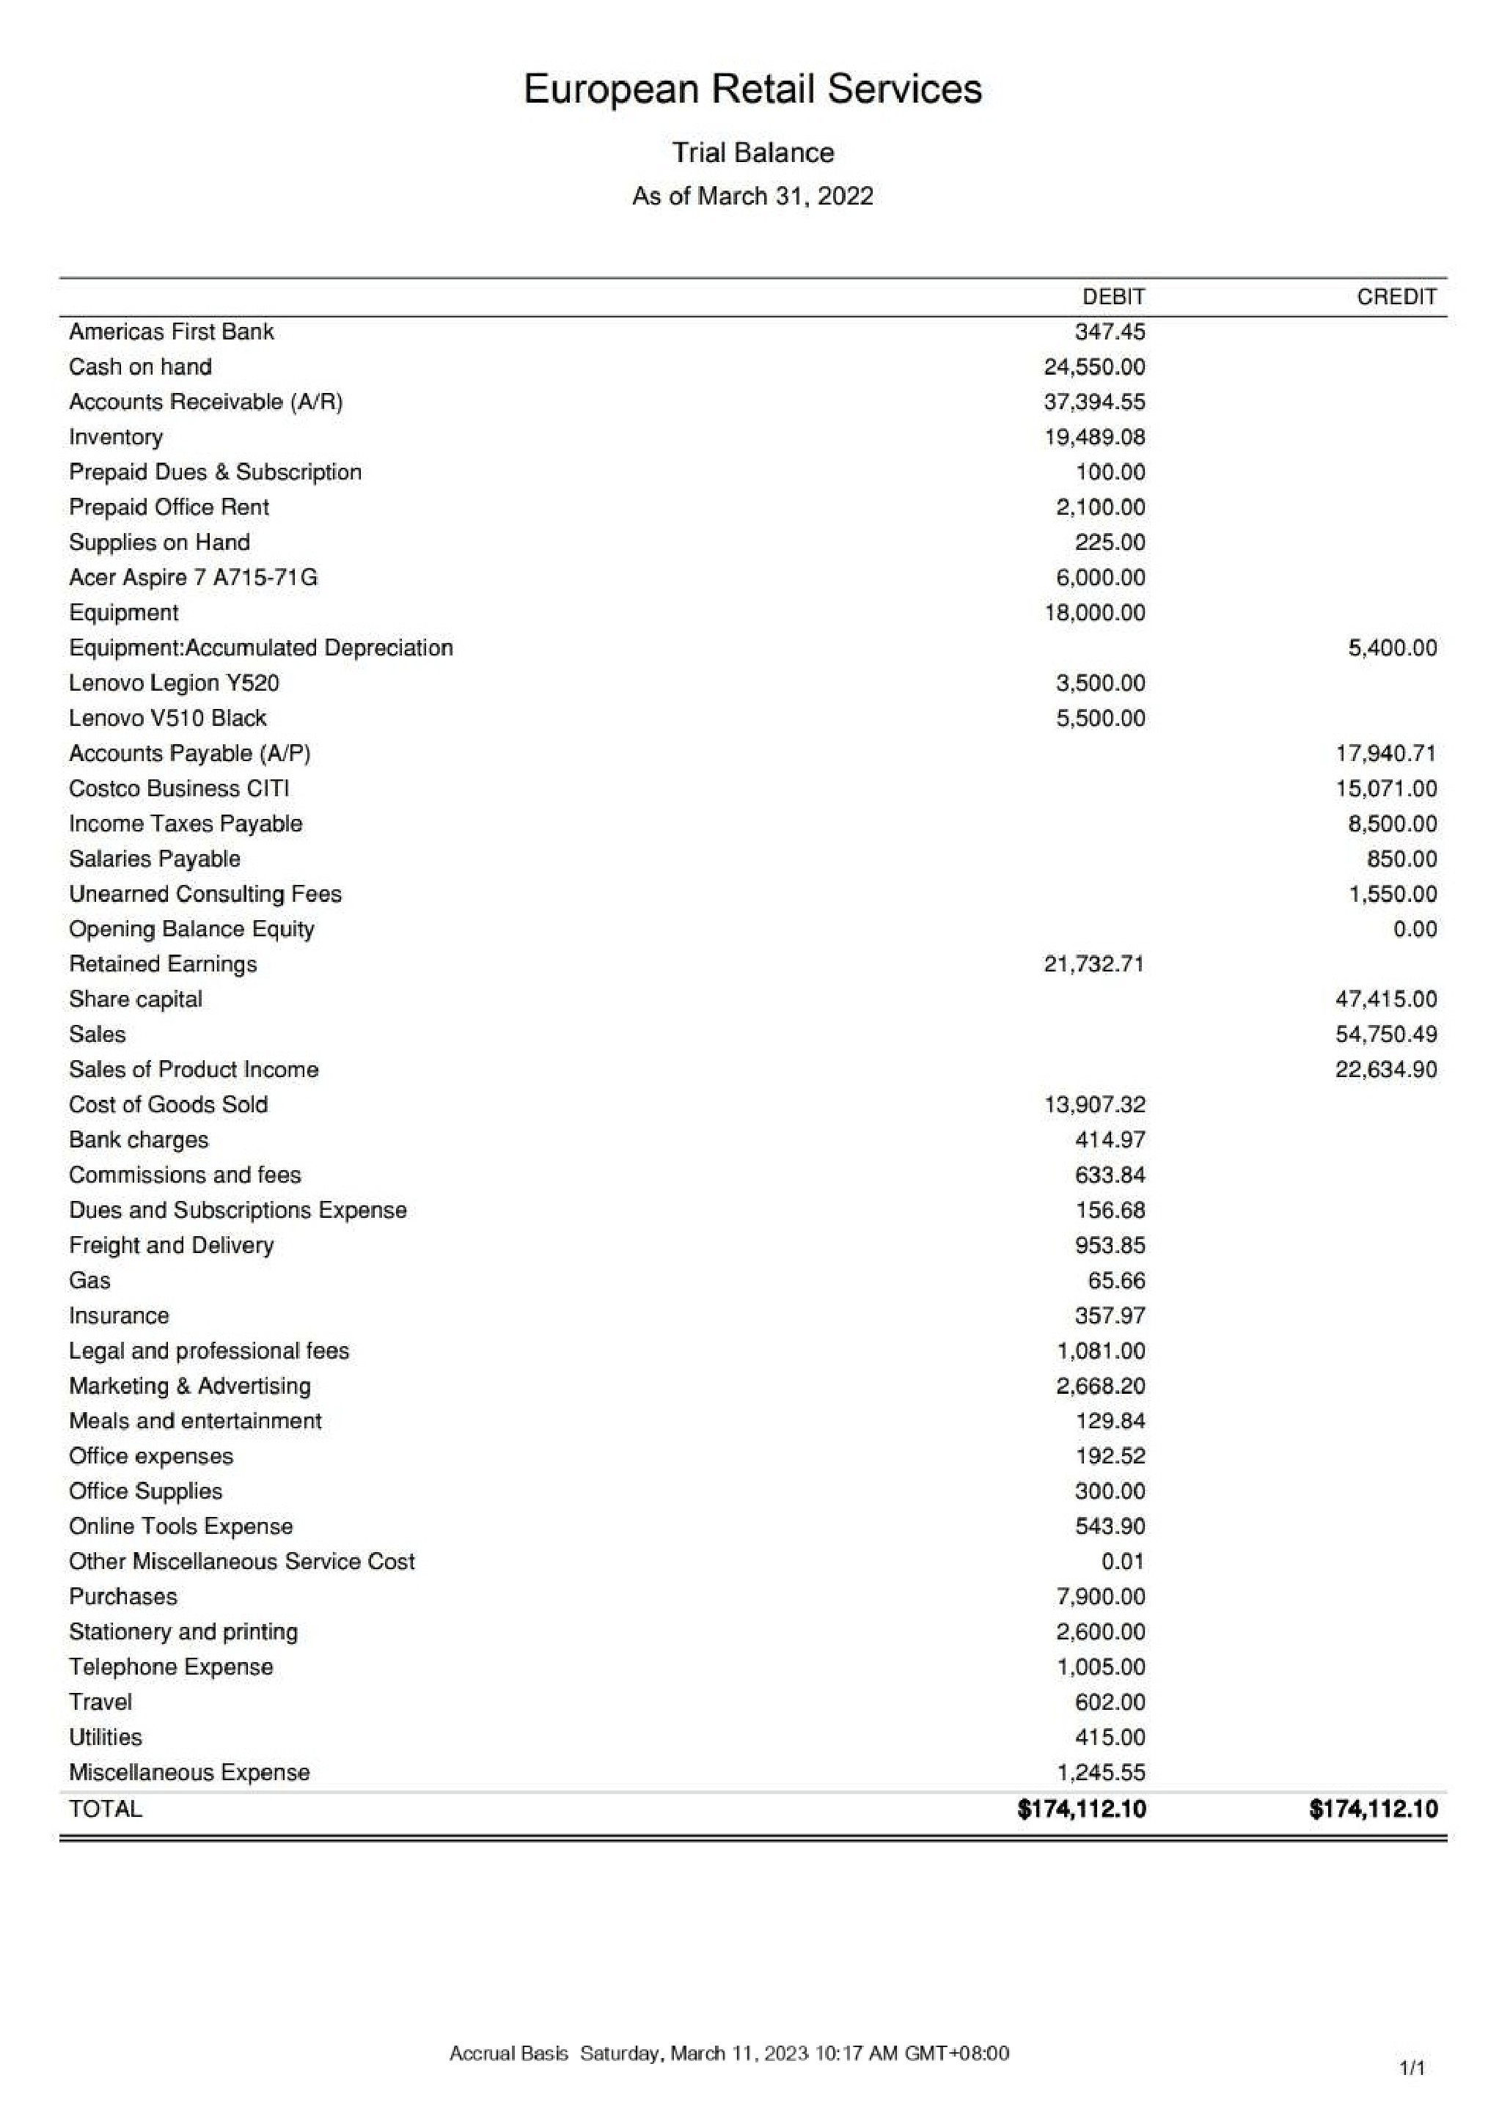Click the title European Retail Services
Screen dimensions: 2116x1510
click(x=752, y=89)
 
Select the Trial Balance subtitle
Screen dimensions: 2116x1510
click(x=752, y=153)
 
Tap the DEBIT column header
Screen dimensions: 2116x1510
click(x=1113, y=296)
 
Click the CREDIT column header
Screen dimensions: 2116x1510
click(x=1396, y=296)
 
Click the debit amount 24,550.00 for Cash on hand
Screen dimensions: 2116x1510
click(x=1094, y=367)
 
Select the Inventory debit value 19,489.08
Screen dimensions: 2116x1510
click(x=1094, y=437)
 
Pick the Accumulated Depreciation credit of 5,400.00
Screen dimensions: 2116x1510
click(x=1392, y=648)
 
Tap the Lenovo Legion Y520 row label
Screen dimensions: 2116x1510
click(x=174, y=683)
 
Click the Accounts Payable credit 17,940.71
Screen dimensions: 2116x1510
click(x=1385, y=753)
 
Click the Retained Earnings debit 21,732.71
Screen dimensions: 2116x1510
click(x=1093, y=964)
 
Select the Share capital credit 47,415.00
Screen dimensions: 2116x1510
click(x=1385, y=999)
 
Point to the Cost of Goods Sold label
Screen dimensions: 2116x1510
click(x=168, y=1104)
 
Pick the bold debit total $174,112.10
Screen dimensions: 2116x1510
click(x=1082, y=1808)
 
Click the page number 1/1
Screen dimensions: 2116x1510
click(x=1412, y=2068)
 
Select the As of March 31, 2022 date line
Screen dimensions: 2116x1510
click(x=752, y=196)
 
